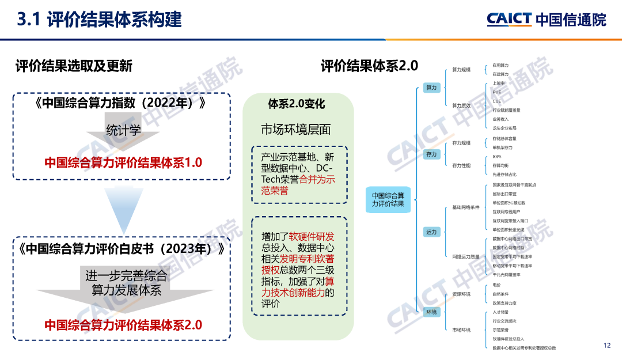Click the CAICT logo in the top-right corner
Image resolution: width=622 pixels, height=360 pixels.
546,20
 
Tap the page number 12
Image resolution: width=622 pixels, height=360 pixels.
606,346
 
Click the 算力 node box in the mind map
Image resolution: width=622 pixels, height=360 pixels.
431,88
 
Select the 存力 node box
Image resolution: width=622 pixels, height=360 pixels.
431,154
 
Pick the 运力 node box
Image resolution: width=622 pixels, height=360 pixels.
431,232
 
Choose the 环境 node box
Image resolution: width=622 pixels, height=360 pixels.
431,312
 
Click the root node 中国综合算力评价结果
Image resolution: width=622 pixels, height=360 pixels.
388,200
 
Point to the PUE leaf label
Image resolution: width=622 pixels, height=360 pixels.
496,92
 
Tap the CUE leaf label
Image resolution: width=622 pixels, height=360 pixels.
496,101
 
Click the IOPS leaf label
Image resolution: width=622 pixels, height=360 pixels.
497,156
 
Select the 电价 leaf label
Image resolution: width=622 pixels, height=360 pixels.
496,285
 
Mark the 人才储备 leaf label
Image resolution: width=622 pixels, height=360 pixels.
500,312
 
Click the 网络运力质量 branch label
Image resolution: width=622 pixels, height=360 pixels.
465,256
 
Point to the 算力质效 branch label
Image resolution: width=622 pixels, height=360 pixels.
461,105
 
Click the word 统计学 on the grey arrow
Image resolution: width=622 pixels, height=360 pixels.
123,130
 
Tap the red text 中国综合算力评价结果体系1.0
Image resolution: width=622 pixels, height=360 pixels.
123,162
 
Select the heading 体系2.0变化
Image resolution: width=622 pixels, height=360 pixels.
297,104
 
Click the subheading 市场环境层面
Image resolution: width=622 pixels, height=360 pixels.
296,130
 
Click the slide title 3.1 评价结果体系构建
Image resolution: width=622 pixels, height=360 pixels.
100,20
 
